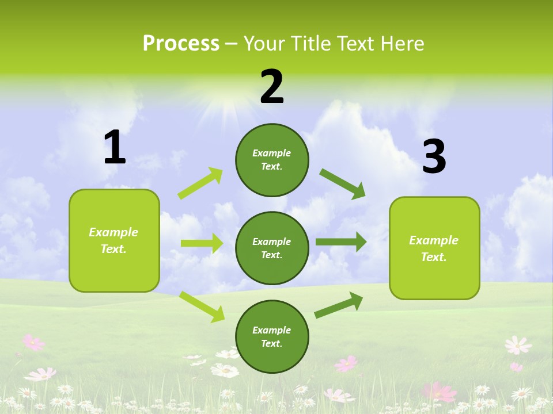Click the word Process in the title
181,43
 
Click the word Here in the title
401,43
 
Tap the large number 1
115,148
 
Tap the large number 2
272,87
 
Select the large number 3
434,157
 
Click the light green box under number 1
114,240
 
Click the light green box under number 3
434,248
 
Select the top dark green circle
272,160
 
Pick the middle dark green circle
272,248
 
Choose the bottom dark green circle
272,337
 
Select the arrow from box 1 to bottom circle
202,306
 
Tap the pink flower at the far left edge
33,343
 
